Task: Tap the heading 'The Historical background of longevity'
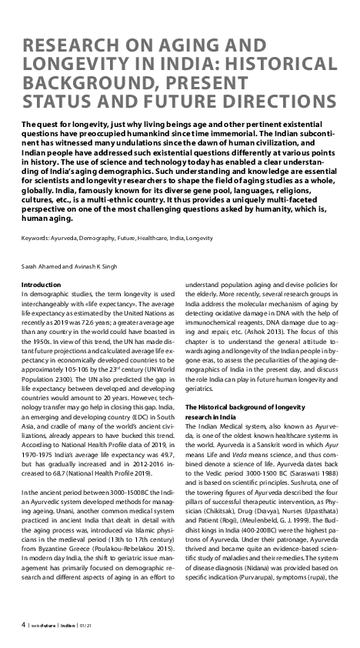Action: (251, 406)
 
